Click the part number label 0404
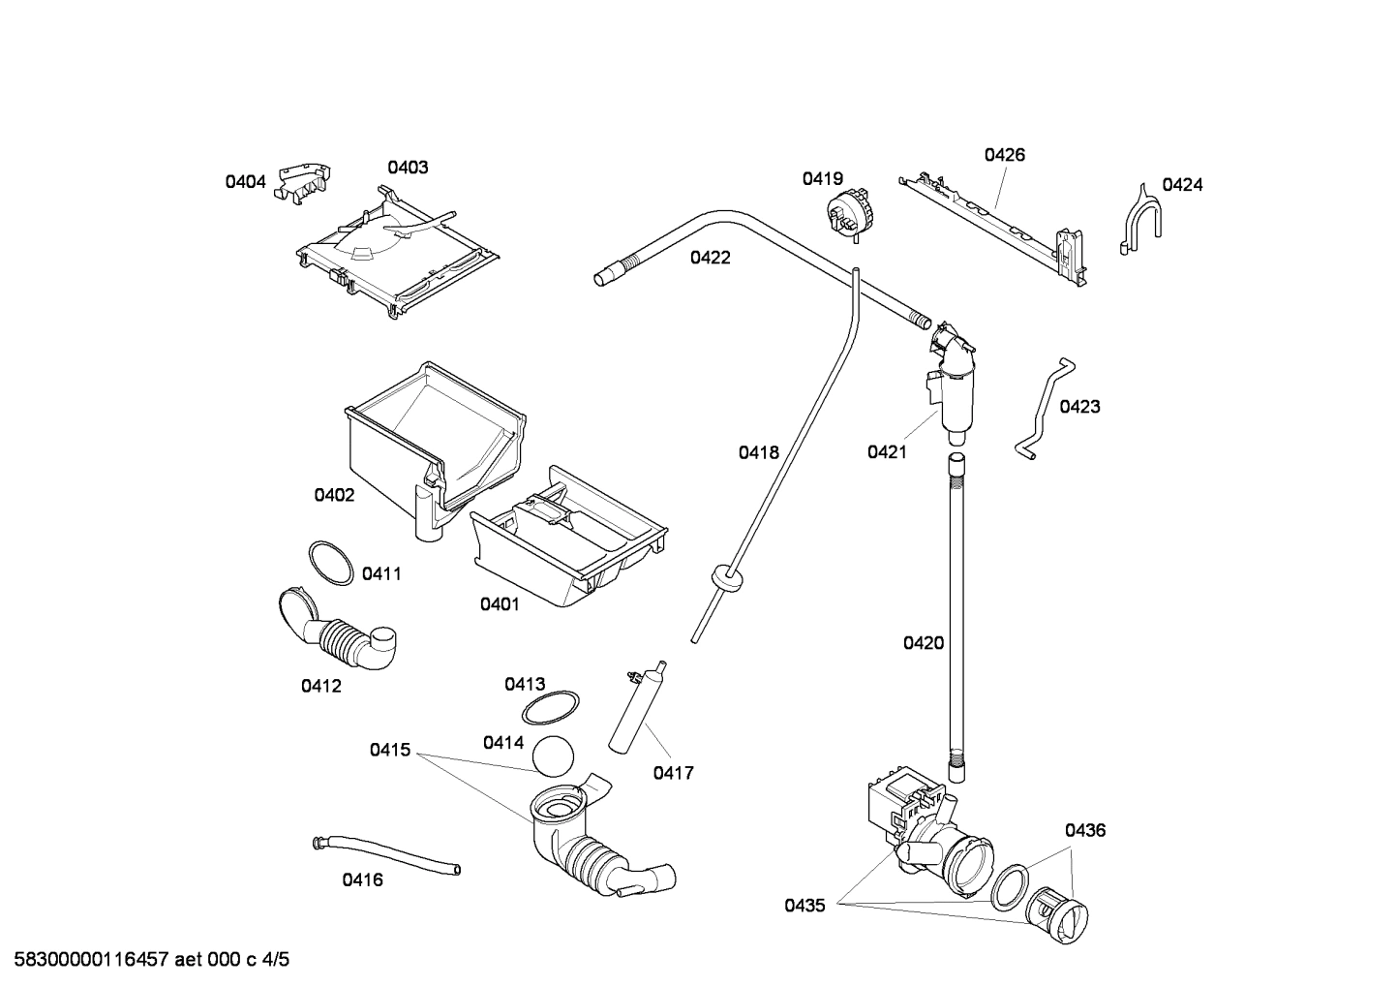coord(245,181)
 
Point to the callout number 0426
coord(1004,155)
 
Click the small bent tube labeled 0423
coord(1043,408)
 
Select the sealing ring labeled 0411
coord(330,563)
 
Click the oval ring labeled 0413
coord(551,708)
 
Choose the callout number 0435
coord(804,906)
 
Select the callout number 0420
coord(923,643)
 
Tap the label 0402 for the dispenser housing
coord(334,496)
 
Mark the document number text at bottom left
coord(146,960)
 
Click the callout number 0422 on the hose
coord(710,258)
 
